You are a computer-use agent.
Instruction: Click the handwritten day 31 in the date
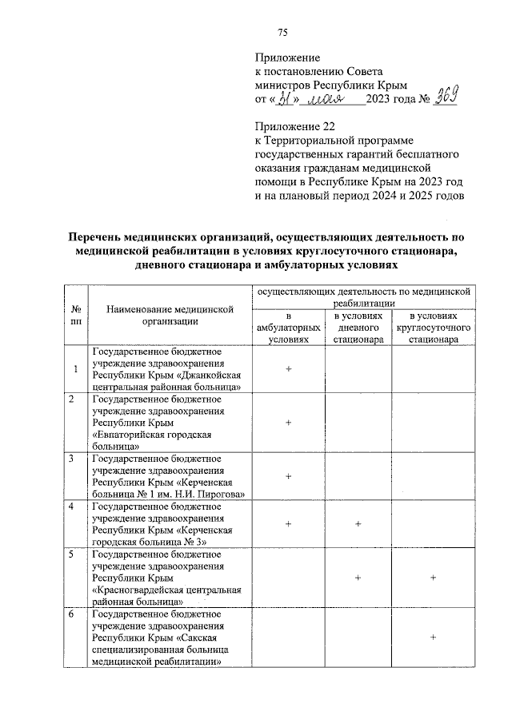pyautogui.click(x=286, y=99)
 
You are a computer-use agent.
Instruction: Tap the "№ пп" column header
pyautogui.click(x=75, y=315)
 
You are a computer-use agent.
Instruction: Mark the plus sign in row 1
pyautogui.click(x=288, y=369)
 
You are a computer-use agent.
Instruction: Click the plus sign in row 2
pyautogui.click(x=288, y=423)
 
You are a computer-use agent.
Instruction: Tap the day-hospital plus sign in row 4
pyautogui.click(x=358, y=523)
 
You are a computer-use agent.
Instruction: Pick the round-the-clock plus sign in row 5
pyautogui.click(x=433, y=577)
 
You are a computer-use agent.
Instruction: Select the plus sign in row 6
pyautogui.click(x=433, y=637)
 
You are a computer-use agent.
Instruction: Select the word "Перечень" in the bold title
pyautogui.click(x=98, y=237)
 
